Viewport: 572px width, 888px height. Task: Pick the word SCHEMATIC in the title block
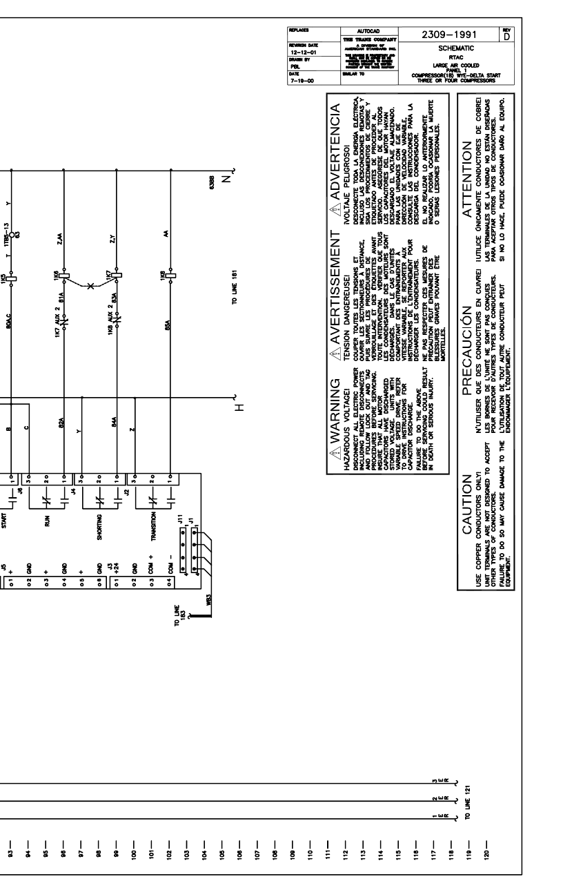pyautogui.click(x=448, y=51)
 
